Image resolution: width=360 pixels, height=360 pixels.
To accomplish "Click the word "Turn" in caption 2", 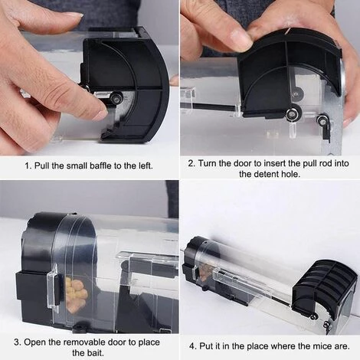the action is click(207, 163).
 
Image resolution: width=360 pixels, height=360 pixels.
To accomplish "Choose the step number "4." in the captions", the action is click(193, 346).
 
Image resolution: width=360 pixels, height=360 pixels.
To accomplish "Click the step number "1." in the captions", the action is click(28, 165).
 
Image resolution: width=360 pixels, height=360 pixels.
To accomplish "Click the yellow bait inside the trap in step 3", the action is click(77, 291).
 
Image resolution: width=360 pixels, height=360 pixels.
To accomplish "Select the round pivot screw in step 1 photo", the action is click(118, 98).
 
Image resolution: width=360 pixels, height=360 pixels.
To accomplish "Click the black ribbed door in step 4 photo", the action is click(324, 286).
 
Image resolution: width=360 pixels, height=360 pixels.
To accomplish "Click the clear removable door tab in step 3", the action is click(54, 285).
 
